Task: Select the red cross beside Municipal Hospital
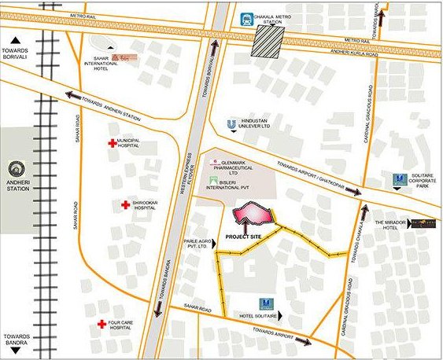point(112,144)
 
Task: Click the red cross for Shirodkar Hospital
point(125,205)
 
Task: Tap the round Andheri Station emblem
point(17,171)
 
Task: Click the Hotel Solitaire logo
point(265,304)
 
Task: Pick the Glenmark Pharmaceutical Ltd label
point(240,167)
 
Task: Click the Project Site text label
point(243,236)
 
